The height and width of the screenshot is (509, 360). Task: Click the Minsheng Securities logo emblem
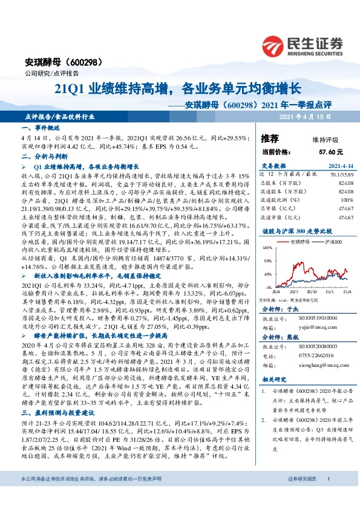pos(273,46)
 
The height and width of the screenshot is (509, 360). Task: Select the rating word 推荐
pos(270,138)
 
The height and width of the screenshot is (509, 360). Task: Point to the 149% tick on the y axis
pos(266,248)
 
